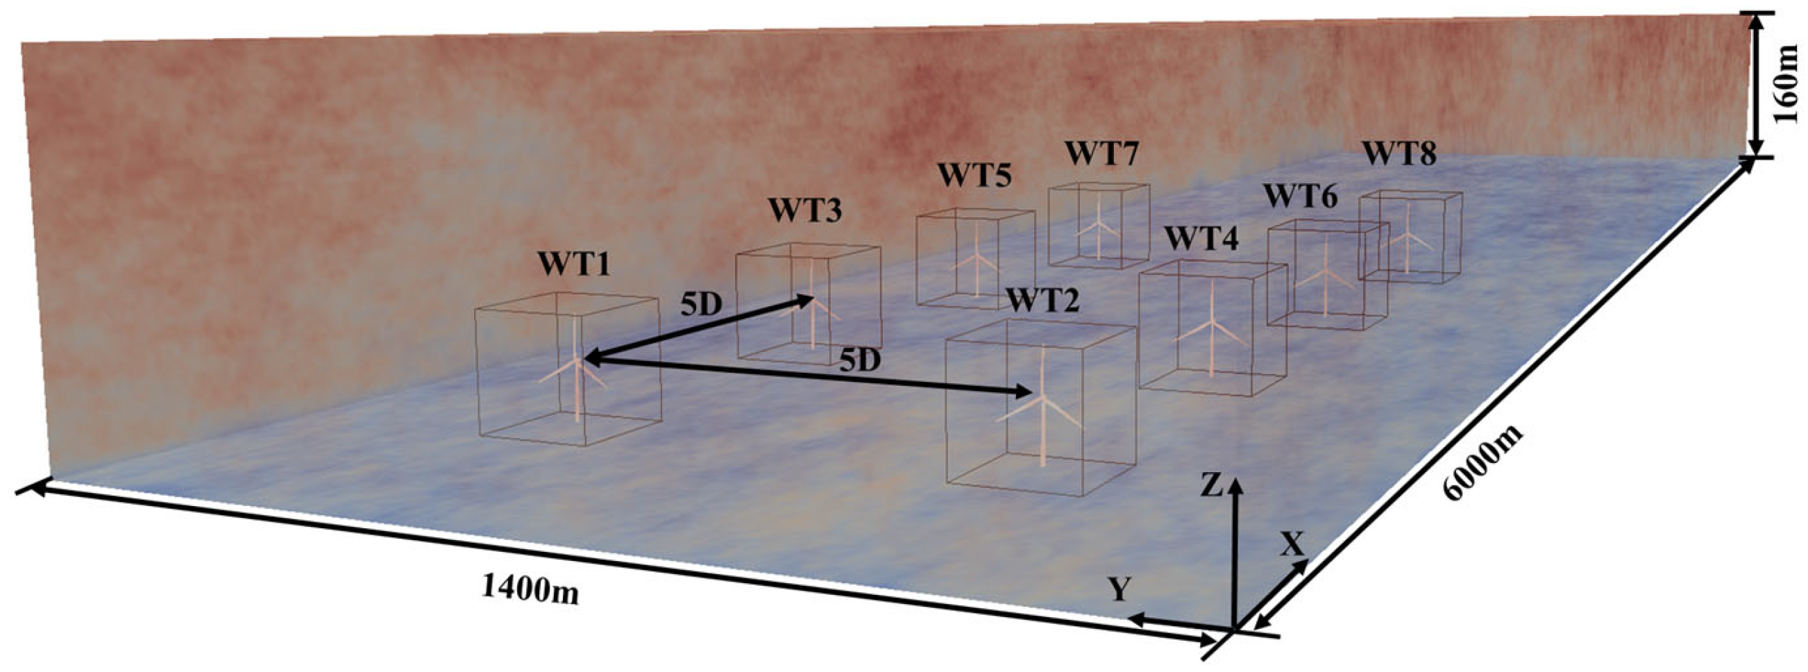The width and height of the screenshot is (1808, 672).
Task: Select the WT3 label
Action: click(x=804, y=210)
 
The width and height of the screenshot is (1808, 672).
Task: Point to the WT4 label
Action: click(x=1201, y=240)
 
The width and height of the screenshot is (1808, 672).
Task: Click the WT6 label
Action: click(x=1301, y=196)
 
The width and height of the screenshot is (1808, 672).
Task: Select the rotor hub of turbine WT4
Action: click(x=1209, y=323)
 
